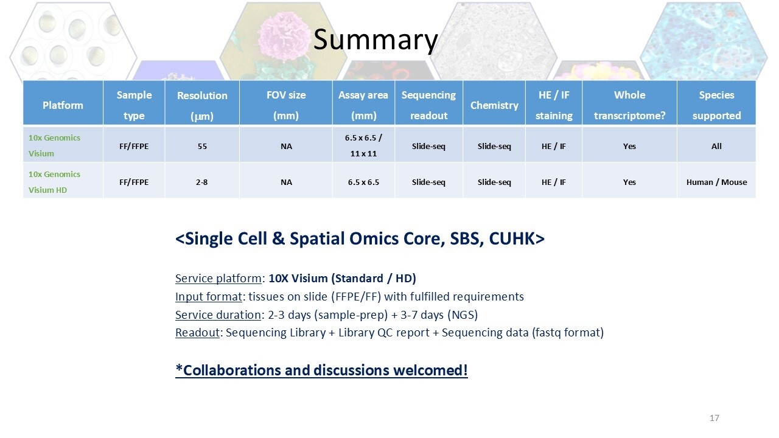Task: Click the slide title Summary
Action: point(376,40)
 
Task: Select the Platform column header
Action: point(63,105)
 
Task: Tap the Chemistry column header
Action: point(494,105)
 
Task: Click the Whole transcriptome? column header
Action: point(629,105)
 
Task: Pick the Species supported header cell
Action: point(716,105)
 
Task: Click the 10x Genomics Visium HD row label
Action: point(54,182)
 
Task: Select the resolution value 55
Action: point(202,147)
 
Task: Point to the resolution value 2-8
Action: point(201,182)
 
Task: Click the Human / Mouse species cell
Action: point(716,182)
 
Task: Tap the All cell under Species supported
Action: point(716,147)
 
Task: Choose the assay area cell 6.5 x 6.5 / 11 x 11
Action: point(363,145)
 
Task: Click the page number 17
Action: point(714,418)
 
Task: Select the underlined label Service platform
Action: point(218,279)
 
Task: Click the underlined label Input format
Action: point(208,296)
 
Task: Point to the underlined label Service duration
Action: point(218,315)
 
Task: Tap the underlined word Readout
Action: point(197,333)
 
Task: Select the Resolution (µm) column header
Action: point(202,105)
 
